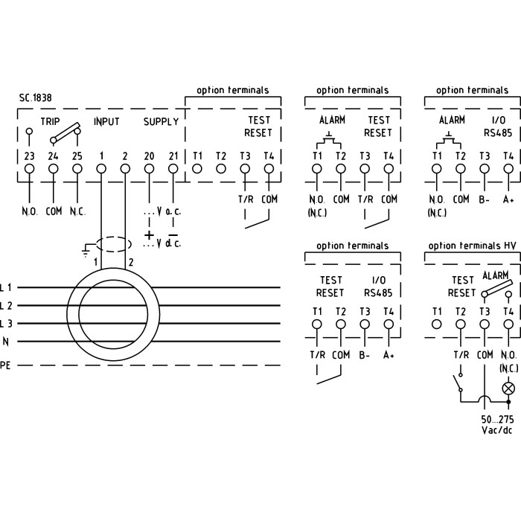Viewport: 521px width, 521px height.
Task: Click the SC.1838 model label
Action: pos(36,98)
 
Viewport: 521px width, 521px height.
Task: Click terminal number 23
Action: pos(30,156)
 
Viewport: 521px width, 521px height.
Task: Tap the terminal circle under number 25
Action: pos(77,169)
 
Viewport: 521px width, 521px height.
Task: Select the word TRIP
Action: pos(51,121)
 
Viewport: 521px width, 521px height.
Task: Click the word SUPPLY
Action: pos(161,121)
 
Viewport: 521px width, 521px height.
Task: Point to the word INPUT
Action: pos(106,121)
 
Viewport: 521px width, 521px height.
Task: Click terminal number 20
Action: pos(149,156)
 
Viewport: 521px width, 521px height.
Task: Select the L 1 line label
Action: pos(6,287)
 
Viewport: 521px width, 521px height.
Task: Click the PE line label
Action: pos(6,365)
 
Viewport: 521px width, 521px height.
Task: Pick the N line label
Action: pos(6,342)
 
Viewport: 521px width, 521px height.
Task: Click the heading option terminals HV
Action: pos(471,246)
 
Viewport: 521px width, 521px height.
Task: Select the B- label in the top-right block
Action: pos(485,199)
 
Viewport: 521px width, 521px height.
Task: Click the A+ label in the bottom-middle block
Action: pos(389,356)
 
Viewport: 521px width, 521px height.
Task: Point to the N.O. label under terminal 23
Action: pos(30,211)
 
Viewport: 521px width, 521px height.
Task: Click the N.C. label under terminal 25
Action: pos(77,211)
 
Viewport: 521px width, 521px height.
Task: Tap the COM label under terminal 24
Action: pos(54,211)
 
